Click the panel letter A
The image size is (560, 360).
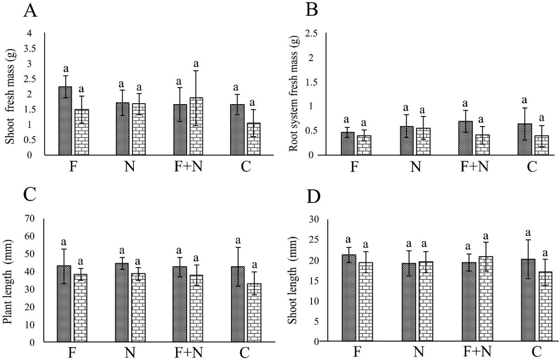(30, 11)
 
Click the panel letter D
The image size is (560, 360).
(313, 198)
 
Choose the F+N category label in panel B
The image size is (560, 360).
(474, 167)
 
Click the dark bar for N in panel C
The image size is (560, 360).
(122, 302)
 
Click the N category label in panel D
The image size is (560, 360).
(418, 351)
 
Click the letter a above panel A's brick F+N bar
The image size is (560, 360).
(197, 64)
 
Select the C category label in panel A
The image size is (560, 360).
(246, 167)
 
